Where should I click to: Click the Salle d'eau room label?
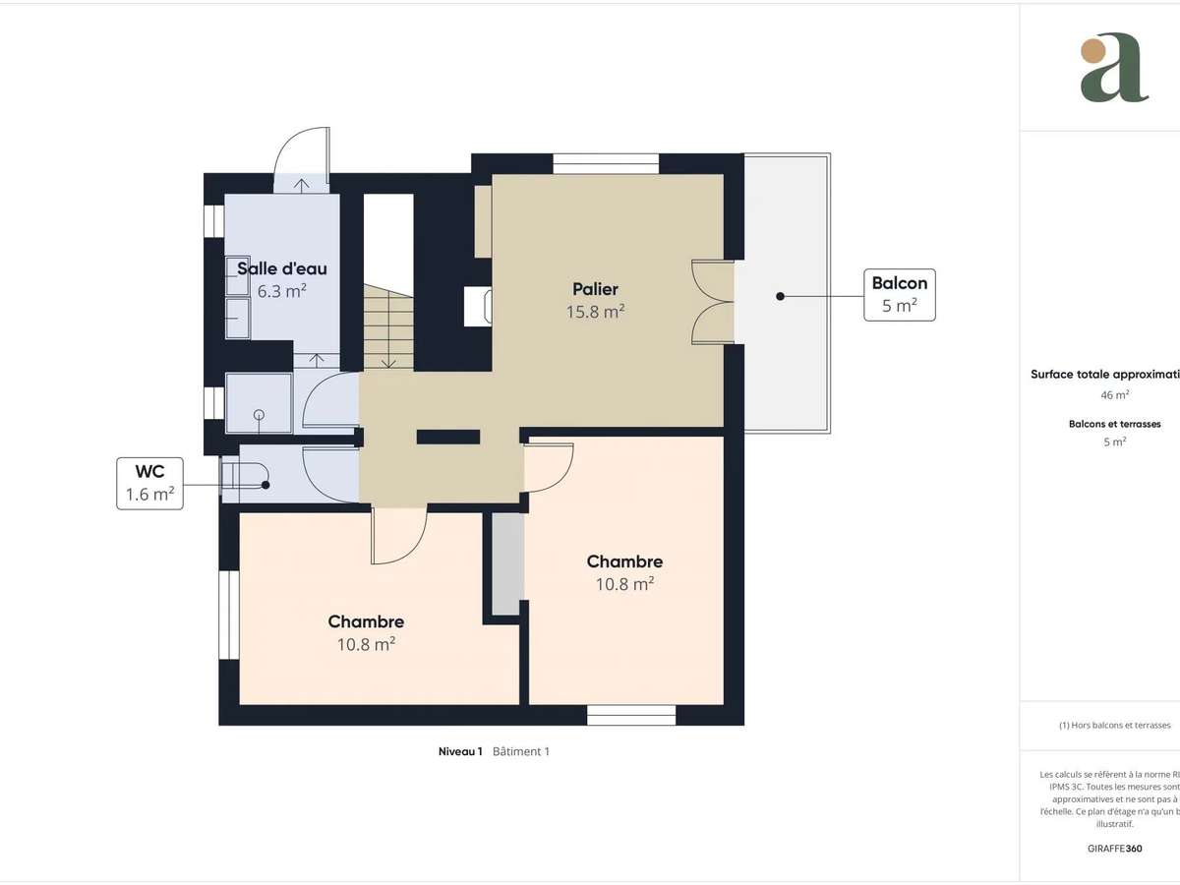pyautogui.click(x=281, y=268)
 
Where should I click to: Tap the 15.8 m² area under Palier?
pyautogui.click(x=595, y=311)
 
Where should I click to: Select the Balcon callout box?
pyautogui.click(x=899, y=294)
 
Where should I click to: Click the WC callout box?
pyautogui.click(x=149, y=483)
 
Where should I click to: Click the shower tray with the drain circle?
pyautogui.click(x=259, y=403)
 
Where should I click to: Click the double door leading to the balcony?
pyautogui.click(x=714, y=302)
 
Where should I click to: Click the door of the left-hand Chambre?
pyautogui.click(x=398, y=536)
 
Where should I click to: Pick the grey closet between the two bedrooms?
pyautogui.click(x=507, y=564)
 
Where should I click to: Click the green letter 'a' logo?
pyautogui.click(x=1113, y=68)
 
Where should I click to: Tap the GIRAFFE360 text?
pyautogui.click(x=1114, y=848)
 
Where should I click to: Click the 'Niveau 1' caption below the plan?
pyautogui.click(x=460, y=751)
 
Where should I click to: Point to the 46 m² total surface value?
pyautogui.click(x=1114, y=394)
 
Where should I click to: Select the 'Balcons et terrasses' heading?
pyautogui.click(x=1114, y=424)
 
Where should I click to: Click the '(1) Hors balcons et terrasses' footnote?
pyautogui.click(x=1114, y=725)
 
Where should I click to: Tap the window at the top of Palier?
pyautogui.click(x=605, y=163)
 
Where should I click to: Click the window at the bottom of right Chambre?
pyautogui.click(x=631, y=715)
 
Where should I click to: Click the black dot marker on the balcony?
pyautogui.click(x=779, y=295)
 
